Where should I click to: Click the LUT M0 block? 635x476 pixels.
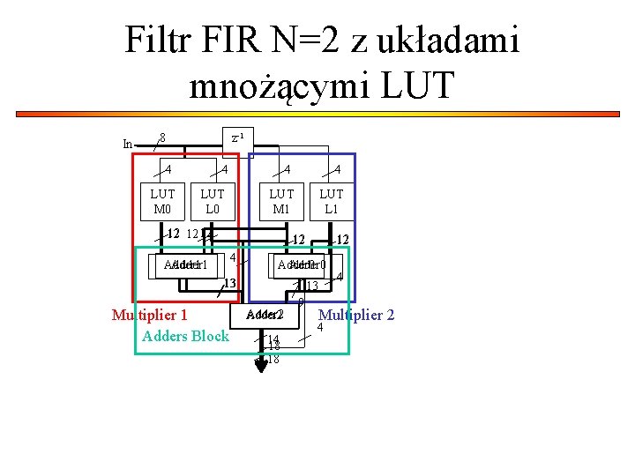(x=162, y=200)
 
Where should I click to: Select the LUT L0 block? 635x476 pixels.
(x=213, y=200)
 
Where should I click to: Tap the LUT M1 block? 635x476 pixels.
(x=281, y=200)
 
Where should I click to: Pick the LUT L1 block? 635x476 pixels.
(x=332, y=200)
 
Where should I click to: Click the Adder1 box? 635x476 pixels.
(x=185, y=265)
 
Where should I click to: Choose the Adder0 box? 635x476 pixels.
(x=302, y=264)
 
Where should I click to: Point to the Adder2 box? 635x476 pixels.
(x=265, y=315)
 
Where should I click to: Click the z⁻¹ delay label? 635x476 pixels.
(x=237, y=138)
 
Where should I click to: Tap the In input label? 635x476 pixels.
(x=128, y=144)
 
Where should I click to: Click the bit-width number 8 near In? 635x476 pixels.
(x=162, y=137)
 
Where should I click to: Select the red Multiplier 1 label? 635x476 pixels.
(x=150, y=316)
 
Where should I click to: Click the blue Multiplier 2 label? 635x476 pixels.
(x=355, y=315)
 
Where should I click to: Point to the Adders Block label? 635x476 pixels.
(x=185, y=336)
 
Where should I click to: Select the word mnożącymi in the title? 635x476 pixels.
(x=275, y=86)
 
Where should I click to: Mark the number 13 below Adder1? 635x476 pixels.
(x=228, y=283)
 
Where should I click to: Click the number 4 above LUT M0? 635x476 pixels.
(x=168, y=169)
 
